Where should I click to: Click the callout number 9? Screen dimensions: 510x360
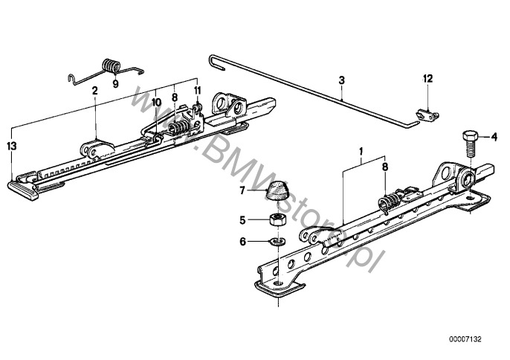116,83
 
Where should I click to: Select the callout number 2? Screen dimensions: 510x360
94,91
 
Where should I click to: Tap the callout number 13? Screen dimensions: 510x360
12,146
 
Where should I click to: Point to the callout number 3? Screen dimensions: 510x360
341,80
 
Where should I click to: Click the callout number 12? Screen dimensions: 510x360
428,78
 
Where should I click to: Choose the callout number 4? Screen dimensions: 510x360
494,138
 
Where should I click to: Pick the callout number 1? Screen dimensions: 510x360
361,151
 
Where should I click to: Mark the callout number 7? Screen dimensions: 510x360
242,190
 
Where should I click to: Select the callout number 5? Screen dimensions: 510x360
242,220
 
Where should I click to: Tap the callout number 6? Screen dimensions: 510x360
242,242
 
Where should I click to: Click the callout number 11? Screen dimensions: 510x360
198,90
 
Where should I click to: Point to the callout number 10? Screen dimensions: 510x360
156,103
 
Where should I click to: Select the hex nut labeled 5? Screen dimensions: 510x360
278,219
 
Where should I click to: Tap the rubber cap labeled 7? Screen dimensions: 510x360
277,191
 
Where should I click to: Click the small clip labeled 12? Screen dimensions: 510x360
427,115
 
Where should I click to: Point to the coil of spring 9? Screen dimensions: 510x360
111,65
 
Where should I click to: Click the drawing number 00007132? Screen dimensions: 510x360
465,339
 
